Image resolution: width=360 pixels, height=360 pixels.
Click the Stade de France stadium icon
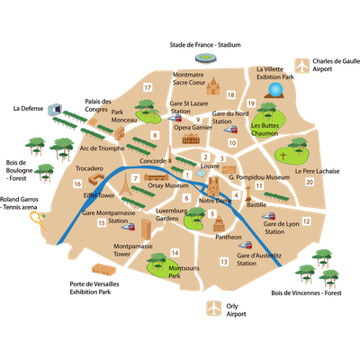pyautogui.click(x=205, y=58)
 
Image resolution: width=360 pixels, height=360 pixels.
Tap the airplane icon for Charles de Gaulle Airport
pyautogui.click(x=301, y=66)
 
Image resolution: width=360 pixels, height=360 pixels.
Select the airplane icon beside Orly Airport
pyautogui.click(x=213, y=309)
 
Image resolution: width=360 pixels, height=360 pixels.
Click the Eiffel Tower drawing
pyautogui.click(x=126, y=184)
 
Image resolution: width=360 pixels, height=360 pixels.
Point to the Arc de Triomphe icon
pyautogui.click(x=120, y=133)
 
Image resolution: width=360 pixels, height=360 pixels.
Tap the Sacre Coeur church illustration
pyautogui.click(x=213, y=86)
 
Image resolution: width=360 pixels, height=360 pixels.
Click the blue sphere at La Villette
pyautogui.click(x=275, y=90)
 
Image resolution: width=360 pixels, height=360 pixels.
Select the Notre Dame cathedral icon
pyautogui.click(x=213, y=186)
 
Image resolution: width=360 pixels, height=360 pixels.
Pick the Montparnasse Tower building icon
pyautogui.click(x=146, y=229)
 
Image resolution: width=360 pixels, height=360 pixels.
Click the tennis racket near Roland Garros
pyautogui.click(x=38, y=220)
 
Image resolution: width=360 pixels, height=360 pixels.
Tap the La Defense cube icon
pyautogui.click(x=55, y=109)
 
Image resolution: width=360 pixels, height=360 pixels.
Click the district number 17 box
pyautogui.click(x=148, y=87)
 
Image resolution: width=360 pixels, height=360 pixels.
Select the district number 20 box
pyautogui.click(x=310, y=182)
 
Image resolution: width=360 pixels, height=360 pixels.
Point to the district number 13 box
pyautogui.click(x=224, y=262)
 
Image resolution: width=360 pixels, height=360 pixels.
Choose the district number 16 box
pyautogui.click(x=77, y=184)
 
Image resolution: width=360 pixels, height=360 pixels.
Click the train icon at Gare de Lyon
pyautogui.click(x=268, y=216)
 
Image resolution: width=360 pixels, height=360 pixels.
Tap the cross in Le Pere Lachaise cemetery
pyautogui.click(x=283, y=156)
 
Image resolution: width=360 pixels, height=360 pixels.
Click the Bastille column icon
pyautogui.click(x=248, y=193)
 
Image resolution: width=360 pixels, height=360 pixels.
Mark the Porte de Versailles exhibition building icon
pyautogui.click(x=103, y=269)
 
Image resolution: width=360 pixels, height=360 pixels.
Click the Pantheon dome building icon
pyautogui.click(x=219, y=223)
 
